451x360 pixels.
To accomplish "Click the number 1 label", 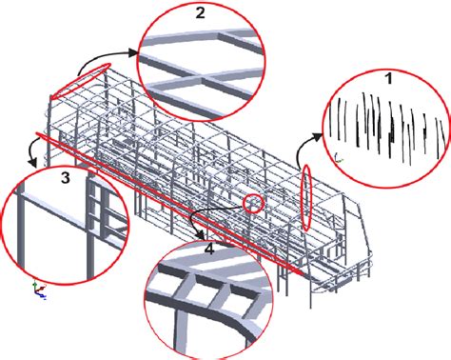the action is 388,78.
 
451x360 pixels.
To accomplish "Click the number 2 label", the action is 200,13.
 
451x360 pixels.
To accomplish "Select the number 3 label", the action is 66,178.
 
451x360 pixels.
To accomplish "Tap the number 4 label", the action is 210,250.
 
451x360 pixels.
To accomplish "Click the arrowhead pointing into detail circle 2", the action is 132,52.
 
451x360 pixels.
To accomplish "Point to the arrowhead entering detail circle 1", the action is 317,136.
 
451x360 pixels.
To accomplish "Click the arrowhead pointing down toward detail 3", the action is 32,163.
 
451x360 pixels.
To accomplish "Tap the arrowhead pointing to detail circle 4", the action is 200,235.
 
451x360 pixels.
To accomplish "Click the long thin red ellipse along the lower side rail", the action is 171,203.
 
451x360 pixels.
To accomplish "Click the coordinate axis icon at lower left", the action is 39,290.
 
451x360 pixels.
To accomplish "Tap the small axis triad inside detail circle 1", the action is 339,157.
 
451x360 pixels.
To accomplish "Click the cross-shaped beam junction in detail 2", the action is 200,76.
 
